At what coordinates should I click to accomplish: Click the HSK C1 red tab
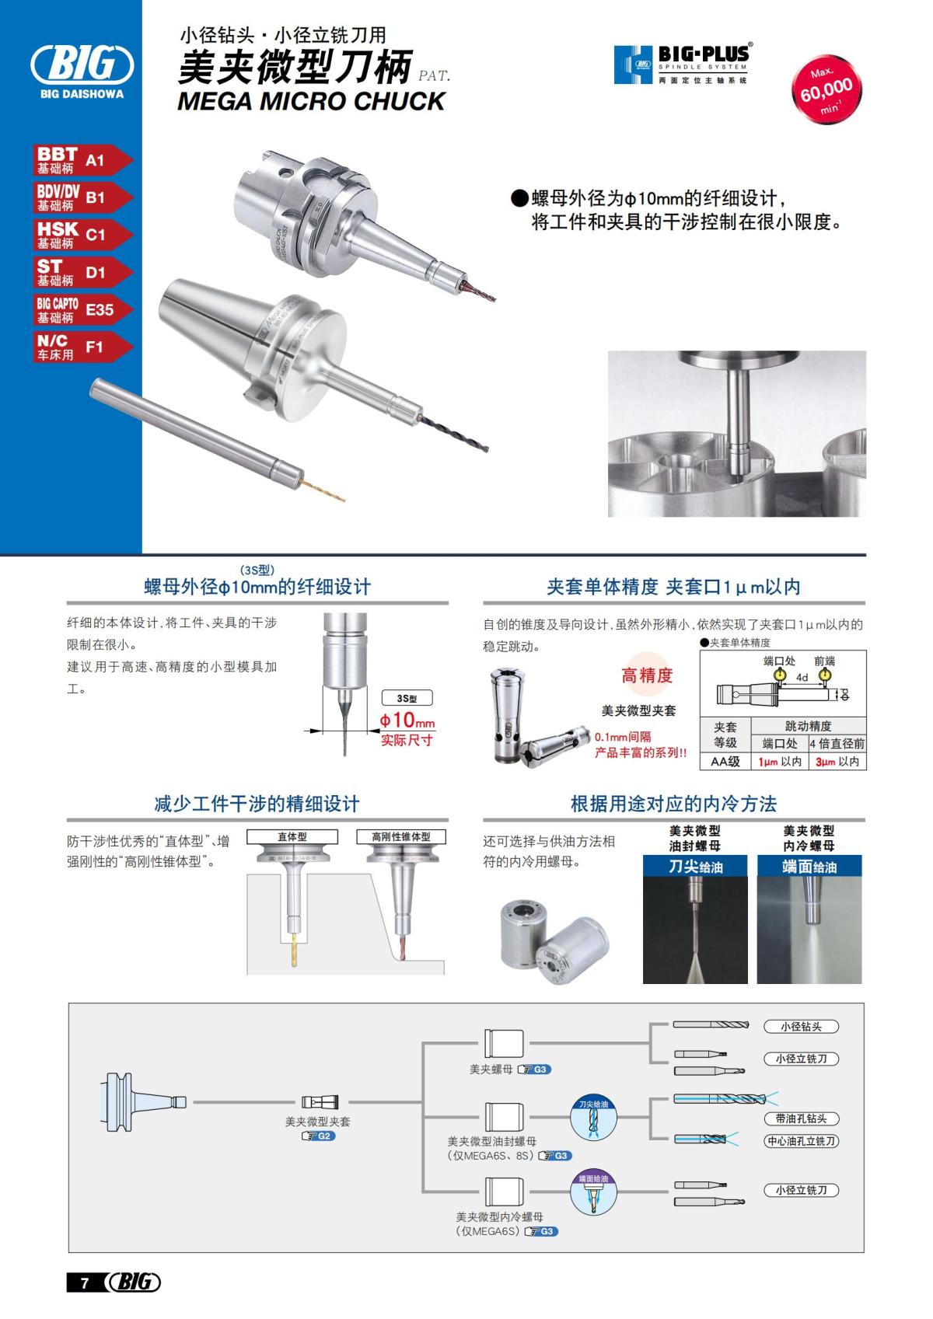[x=82, y=235]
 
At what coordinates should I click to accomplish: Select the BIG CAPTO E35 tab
[x=82, y=309]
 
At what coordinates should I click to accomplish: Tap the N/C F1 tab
[x=82, y=347]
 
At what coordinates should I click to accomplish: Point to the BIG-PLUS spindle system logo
[x=682, y=64]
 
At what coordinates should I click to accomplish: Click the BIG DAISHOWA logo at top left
[x=82, y=70]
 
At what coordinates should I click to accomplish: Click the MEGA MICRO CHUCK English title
[x=311, y=101]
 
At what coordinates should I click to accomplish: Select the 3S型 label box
[x=407, y=699]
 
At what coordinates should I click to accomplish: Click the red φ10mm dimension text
[x=407, y=721]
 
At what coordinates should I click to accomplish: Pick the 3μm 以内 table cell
[x=837, y=762]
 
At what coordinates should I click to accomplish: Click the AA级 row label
[x=725, y=762]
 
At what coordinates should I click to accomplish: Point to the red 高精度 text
[x=646, y=675]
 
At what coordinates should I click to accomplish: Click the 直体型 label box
[x=292, y=837]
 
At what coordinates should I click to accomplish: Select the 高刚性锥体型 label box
[x=400, y=837]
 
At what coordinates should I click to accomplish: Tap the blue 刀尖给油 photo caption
[x=695, y=866]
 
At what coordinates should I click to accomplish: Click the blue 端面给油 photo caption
[x=809, y=866]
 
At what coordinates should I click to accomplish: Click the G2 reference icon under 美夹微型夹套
[x=318, y=1136]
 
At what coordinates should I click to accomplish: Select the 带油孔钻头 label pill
[x=801, y=1118]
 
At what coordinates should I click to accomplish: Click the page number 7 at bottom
[x=85, y=1283]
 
